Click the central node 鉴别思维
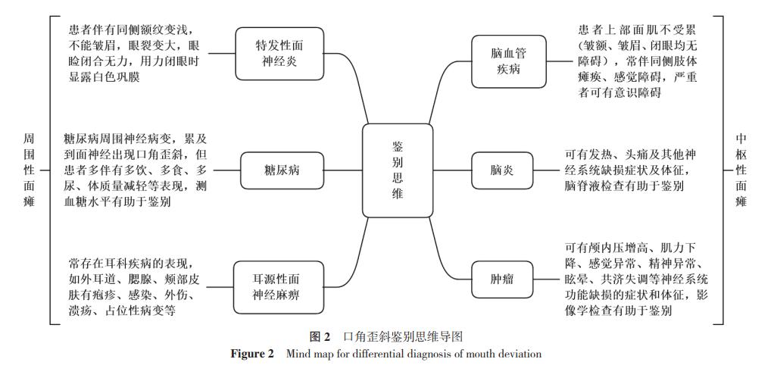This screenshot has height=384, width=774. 398,170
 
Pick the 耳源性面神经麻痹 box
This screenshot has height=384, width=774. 276,286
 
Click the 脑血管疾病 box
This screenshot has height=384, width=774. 508,61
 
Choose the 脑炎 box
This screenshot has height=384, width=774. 502,170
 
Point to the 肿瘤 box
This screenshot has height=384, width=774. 502,279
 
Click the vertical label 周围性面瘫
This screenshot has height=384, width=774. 30,170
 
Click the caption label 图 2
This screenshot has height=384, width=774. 320,336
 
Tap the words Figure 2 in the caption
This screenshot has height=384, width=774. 252,354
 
